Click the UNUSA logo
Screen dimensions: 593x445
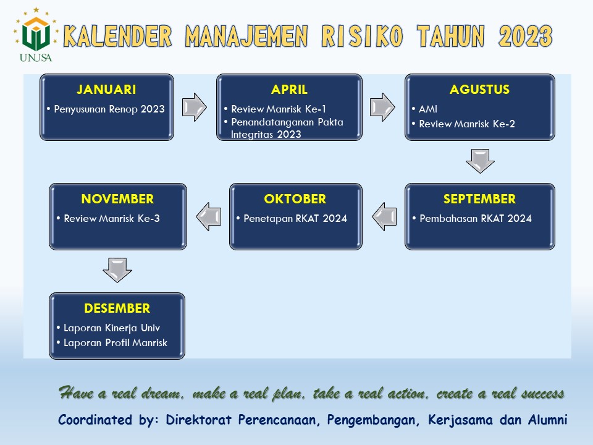(36, 35)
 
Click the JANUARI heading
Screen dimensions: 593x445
(106, 89)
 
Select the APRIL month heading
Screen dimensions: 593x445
(289, 89)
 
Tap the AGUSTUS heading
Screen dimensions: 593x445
(479, 89)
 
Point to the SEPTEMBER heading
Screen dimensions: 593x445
(479, 198)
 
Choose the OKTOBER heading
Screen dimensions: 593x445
(295, 198)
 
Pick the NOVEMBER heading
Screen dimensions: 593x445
(117, 198)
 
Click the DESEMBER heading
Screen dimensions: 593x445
(117, 308)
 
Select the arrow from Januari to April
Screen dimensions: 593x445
(195, 107)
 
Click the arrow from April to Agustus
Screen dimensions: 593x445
(382, 107)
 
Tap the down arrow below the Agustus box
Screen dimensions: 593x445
(481, 161)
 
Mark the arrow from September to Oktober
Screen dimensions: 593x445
(384, 216)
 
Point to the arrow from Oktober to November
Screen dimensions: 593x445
(209, 216)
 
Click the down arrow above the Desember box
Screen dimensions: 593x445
(117, 270)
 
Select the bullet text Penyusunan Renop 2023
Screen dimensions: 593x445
(109, 109)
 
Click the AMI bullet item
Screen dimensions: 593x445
(428, 109)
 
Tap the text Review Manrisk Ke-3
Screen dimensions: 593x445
(112, 218)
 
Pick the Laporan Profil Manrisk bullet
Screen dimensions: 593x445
(116, 342)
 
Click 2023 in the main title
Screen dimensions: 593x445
(526, 36)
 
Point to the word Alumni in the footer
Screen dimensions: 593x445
(548, 420)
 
